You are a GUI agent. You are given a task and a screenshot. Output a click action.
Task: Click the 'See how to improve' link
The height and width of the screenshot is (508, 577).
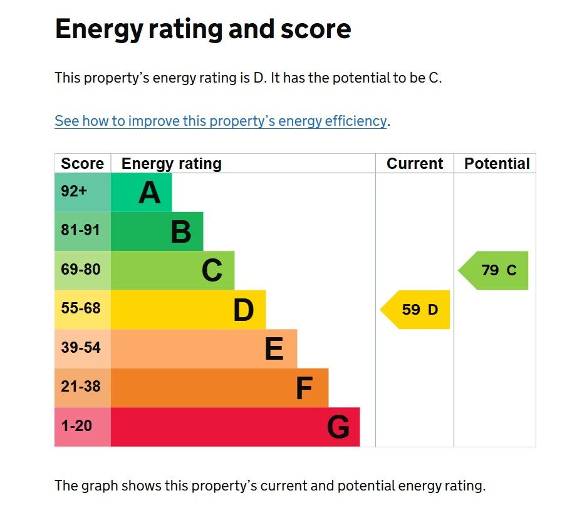coord(221,121)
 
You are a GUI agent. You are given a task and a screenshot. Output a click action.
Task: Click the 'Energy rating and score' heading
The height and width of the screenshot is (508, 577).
coord(203,29)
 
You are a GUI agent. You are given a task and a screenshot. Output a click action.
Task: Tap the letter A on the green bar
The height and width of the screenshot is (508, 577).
coord(149,193)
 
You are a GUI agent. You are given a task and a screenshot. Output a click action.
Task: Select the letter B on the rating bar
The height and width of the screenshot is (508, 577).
coord(180,232)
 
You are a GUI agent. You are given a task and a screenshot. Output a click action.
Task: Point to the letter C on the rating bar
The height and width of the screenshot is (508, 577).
coord(212,271)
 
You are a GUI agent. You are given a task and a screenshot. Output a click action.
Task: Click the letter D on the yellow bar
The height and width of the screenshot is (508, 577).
coord(243,310)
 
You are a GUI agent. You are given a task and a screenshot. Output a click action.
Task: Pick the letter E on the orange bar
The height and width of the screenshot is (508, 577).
coord(274,349)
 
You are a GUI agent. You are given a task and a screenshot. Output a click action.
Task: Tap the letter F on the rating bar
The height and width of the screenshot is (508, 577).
coord(304,389)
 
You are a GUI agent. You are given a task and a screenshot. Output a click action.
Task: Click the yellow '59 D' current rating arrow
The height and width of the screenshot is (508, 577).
coord(418,310)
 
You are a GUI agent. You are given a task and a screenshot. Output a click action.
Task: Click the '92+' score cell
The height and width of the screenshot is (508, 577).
coord(75,191)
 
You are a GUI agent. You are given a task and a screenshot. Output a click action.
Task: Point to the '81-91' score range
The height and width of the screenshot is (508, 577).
coord(81,230)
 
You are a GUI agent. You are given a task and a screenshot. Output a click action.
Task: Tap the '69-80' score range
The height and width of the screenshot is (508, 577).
coord(81,270)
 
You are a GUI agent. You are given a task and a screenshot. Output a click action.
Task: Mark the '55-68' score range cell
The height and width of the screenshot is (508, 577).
coord(81,309)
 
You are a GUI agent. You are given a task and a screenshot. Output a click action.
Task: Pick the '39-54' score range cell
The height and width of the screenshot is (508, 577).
coord(81,348)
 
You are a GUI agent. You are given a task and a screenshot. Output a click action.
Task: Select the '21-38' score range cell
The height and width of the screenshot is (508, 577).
coord(81,387)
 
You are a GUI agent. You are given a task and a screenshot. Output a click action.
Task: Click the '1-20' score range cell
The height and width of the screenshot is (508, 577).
coord(77,426)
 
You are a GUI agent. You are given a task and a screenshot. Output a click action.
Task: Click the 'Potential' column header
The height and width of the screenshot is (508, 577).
coord(497,164)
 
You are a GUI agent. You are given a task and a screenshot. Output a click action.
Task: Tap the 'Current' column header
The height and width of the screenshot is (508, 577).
coord(415,164)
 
